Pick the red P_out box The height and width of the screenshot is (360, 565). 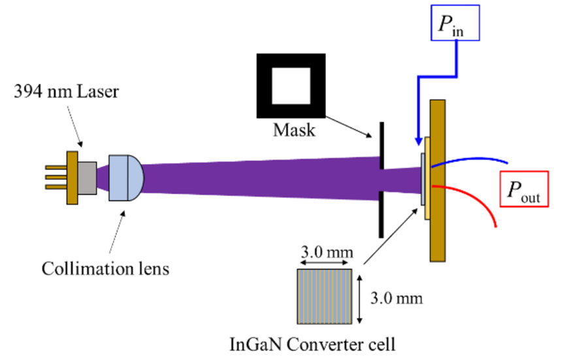click(524, 191)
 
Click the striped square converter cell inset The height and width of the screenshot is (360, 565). click(325, 297)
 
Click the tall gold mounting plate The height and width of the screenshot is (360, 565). click(437, 180)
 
